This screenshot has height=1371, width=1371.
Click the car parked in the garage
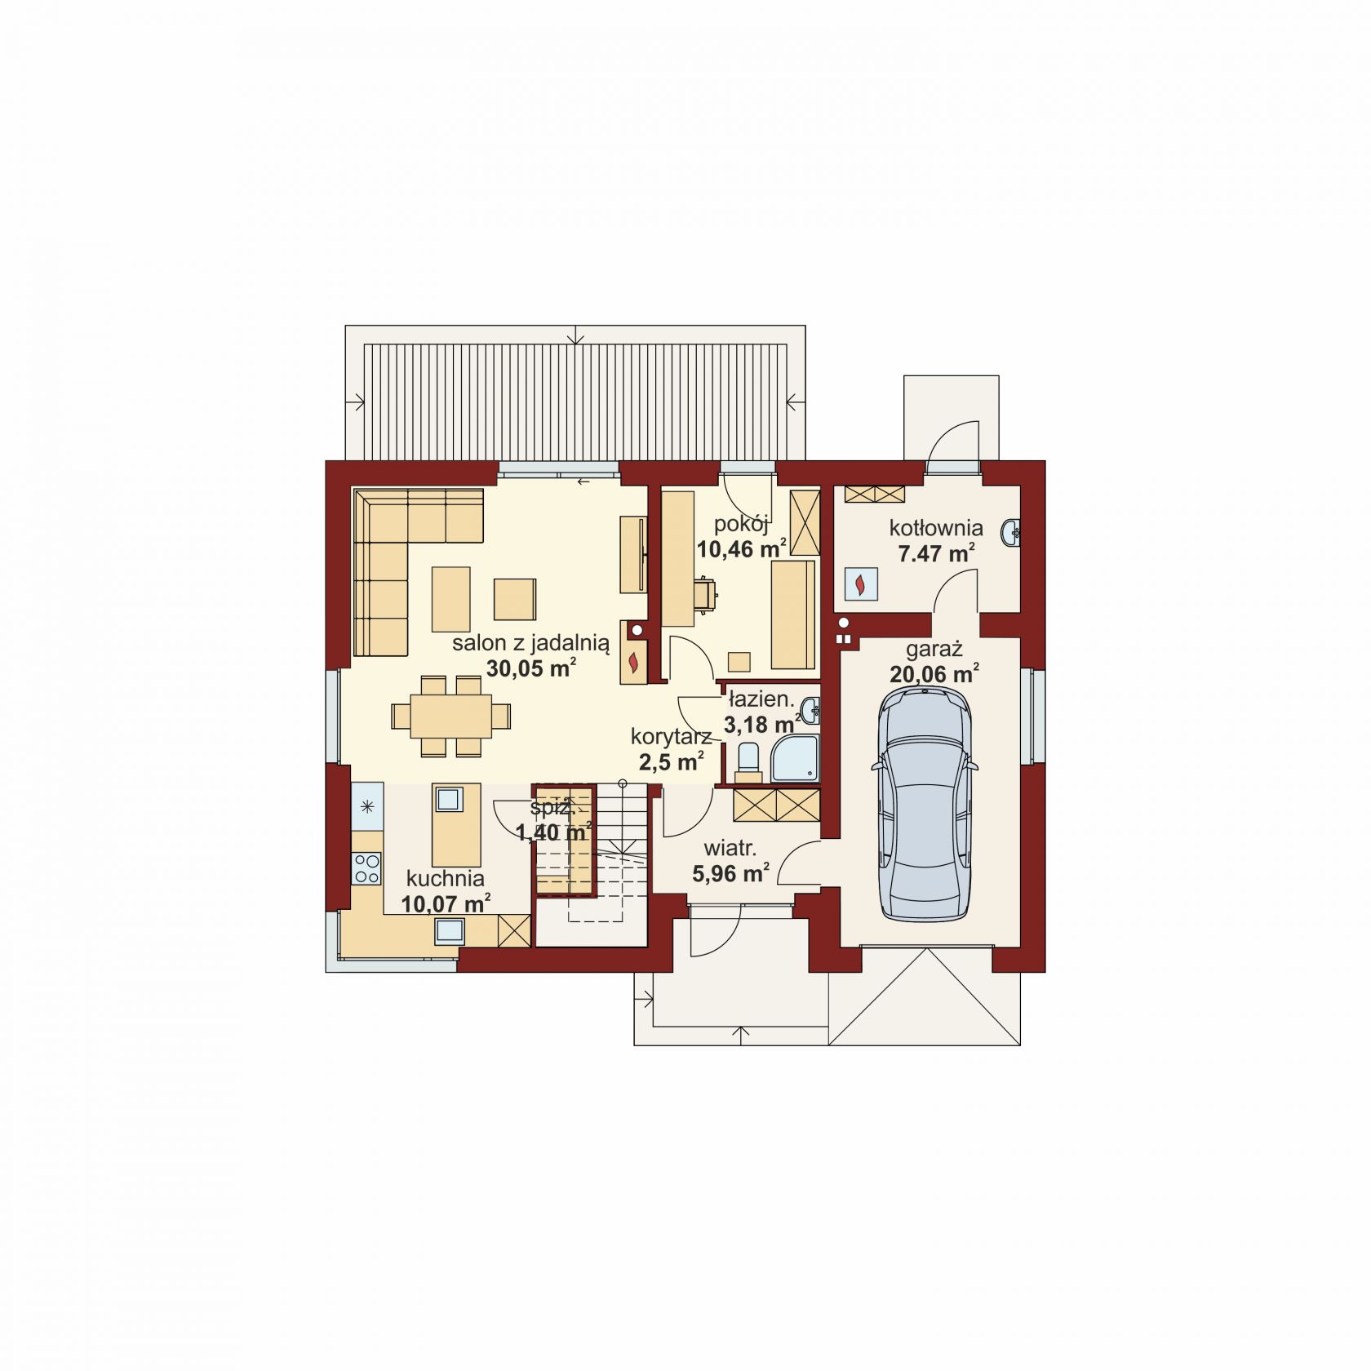tap(924, 803)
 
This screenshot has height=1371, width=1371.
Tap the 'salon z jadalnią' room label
tap(530, 643)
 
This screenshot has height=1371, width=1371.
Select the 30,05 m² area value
tap(531, 668)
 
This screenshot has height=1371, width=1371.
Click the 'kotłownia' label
tap(936, 528)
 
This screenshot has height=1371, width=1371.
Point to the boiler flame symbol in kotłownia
tap(860, 584)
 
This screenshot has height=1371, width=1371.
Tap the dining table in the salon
tap(450, 716)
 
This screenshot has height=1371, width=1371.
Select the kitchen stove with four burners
tap(366, 867)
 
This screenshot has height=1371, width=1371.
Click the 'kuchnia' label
tap(446, 878)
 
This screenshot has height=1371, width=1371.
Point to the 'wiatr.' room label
tap(730, 849)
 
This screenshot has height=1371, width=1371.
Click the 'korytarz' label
tap(671, 738)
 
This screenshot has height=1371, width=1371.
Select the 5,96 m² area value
tap(730, 873)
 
